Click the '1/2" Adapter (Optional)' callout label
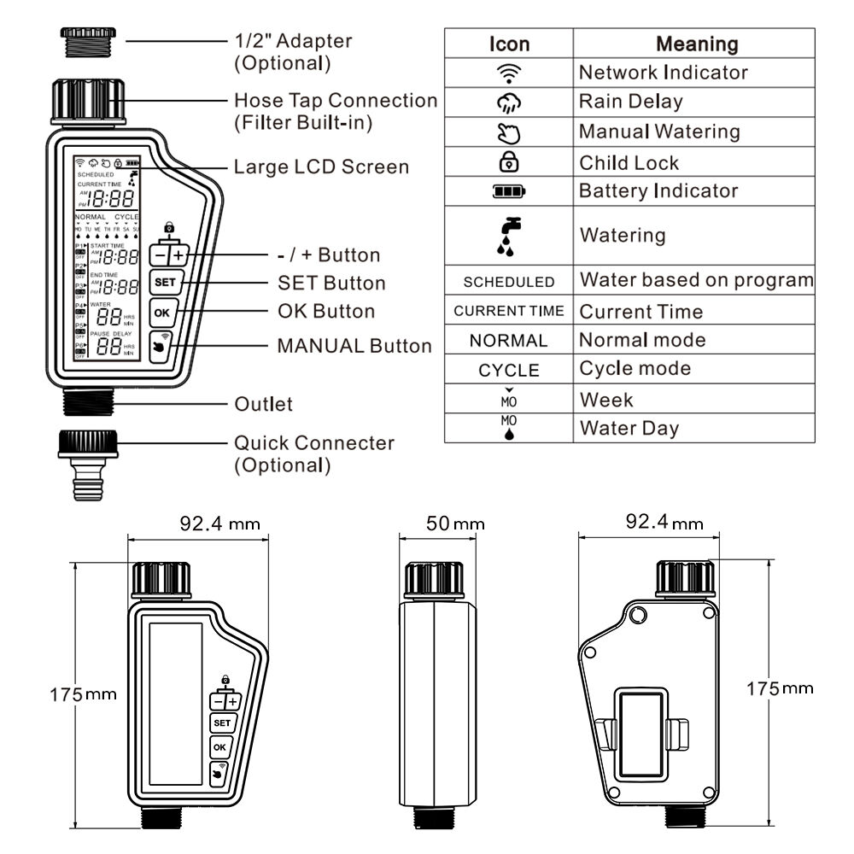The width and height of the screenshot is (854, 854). click(292, 51)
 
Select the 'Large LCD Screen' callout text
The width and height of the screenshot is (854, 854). click(321, 167)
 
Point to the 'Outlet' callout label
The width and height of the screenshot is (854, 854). click(263, 403)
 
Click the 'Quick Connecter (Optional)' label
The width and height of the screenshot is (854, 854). click(313, 453)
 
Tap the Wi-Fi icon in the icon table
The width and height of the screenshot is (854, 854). click(509, 73)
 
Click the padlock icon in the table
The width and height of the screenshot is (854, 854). click(509, 162)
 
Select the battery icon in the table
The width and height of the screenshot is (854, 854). click(509, 191)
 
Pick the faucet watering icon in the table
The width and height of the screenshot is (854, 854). click(509, 235)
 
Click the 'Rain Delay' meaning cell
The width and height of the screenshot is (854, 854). click(630, 102)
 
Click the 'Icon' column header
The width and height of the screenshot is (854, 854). click(509, 44)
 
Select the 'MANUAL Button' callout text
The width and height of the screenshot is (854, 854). click(354, 346)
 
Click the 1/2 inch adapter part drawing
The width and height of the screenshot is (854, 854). click(88, 42)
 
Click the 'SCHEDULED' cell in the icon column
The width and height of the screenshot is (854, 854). click(509, 281)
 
